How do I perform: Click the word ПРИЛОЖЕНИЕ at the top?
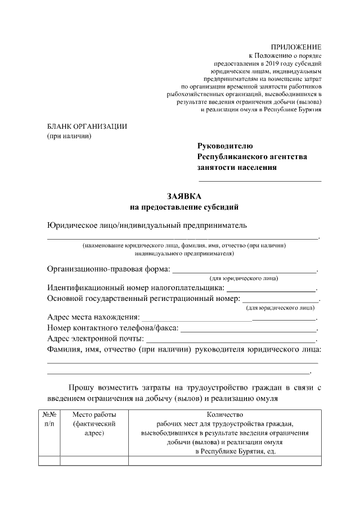(296, 47)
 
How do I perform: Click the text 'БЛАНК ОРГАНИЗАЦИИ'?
(87, 126)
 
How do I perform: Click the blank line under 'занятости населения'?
(259, 181)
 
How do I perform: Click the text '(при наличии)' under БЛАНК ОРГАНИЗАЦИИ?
(69, 136)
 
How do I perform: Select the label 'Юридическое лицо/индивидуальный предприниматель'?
(147, 226)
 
